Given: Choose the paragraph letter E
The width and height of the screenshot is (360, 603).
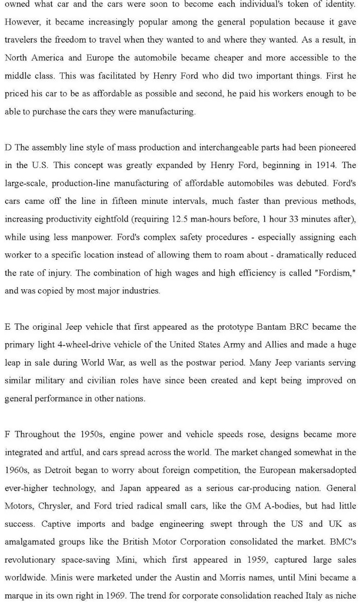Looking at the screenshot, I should [x=7, y=327].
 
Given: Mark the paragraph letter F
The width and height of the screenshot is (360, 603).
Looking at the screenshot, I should [x=7, y=434].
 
